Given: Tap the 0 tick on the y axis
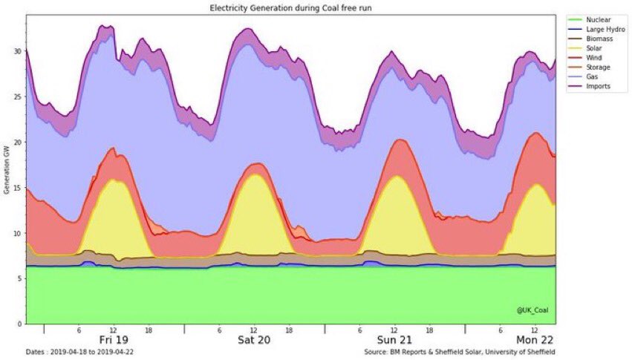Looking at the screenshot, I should point(19,324).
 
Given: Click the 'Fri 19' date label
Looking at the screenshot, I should point(113,341).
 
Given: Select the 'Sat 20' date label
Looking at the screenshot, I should point(254,341).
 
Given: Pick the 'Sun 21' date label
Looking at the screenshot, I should point(394,341).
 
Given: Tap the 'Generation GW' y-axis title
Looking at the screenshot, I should point(7,170).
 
